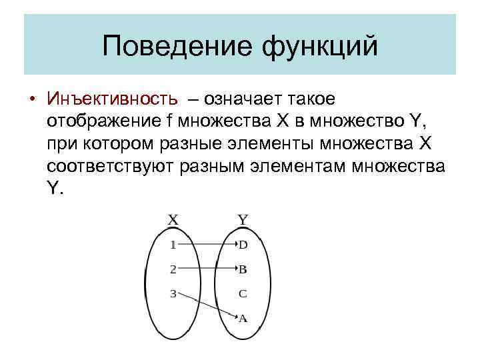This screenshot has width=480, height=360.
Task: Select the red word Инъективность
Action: pyautogui.click(x=112, y=99)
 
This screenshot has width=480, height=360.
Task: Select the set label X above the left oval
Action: pyautogui.click(x=173, y=219)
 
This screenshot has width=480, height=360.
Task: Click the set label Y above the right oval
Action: pyautogui.click(x=243, y=219)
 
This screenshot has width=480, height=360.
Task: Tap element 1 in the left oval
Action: pyautogui.click(x=173, y=245)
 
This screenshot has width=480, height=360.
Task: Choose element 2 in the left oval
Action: pyautogui.click(x=173, y=269)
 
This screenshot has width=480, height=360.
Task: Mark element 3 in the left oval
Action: pyautogui.click(x=173, y=293)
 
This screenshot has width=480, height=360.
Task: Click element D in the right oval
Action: pyautogui.click(x=243, y=245)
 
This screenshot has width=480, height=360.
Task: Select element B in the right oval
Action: pyautogui.click(x=243, y=269)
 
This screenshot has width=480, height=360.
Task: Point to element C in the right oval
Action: pyautogui.click(x=243, y=293)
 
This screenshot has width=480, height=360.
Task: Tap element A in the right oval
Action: pyautogui.click(x=243, y=318)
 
